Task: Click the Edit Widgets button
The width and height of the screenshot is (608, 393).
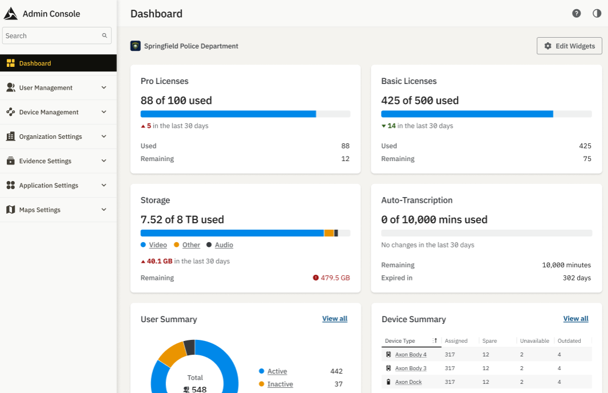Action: point(569,46)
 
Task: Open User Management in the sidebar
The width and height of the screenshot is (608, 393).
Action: point(46,88)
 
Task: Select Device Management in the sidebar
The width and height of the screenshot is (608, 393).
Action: point(48,113)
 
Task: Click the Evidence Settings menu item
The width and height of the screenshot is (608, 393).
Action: point(45,161)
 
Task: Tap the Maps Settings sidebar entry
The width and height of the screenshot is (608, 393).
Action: point(39,210)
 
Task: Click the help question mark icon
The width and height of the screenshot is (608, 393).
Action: point(577,14)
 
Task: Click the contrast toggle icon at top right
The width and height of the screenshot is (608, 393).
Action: point(597,14)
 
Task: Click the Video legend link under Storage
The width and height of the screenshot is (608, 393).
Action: point(158,245)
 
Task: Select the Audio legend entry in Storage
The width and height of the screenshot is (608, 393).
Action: point(224,245)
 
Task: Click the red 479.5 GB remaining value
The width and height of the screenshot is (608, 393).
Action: point(335,278)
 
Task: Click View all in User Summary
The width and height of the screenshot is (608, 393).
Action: point(335,319)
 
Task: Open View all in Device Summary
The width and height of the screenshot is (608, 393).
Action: point(575,319)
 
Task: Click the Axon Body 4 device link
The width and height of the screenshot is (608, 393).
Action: point(411,355)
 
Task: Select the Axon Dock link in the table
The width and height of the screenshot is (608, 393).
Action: point(408,382)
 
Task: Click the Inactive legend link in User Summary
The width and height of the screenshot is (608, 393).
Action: point(280,384)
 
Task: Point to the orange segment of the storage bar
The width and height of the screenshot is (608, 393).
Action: point(329,233)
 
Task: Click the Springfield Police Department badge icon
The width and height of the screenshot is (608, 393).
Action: point(135,46)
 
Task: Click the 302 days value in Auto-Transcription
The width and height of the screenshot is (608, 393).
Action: point(577,278)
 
